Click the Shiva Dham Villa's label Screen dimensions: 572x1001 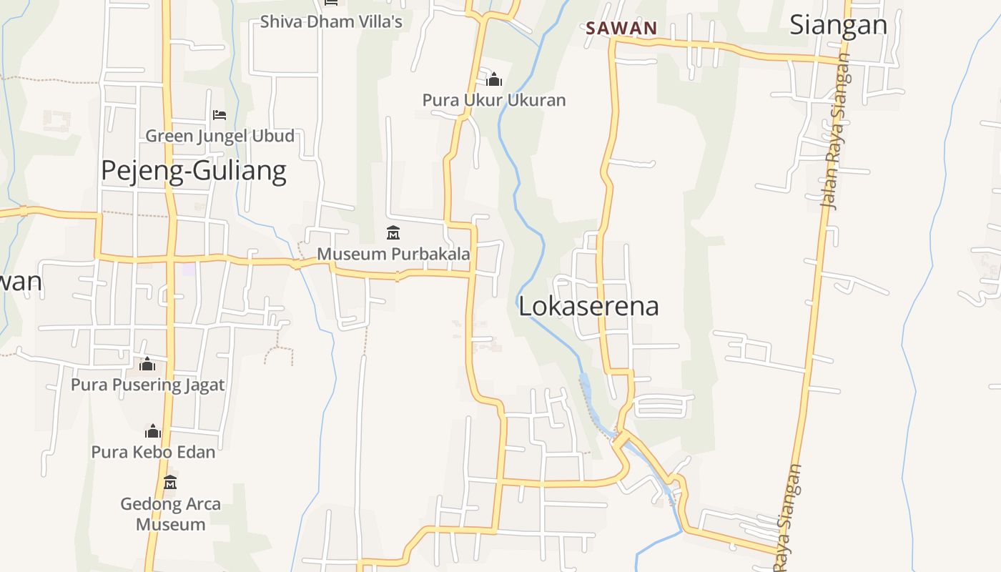pyautogui.click(x=331, y=21)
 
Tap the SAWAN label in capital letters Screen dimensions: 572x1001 pyautogui.click(x=621, y=29)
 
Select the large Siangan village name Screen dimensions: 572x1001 pyautogui.click(x=838, y=24)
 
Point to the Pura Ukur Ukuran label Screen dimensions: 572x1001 pyautogui.click(x=493, y=100)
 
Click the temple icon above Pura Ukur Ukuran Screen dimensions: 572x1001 pyautogui.click(x=493, y=79)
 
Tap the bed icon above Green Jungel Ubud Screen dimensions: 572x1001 pyautogui.click(x=220, y=114)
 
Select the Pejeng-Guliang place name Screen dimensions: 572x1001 pyautogui.click(x=193, y=171)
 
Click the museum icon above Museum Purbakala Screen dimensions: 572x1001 pyautogui.click(x=393, y=233)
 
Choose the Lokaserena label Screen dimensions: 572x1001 pyautogui.click(x=588, y=306)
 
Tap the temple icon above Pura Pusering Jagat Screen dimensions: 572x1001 pyautogui.click(x=147, y=365)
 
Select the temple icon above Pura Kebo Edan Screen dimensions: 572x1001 pyautogui.click(x=153, y=431)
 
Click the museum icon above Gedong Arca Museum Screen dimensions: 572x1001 pyautogui.click(x=170, y=483)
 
